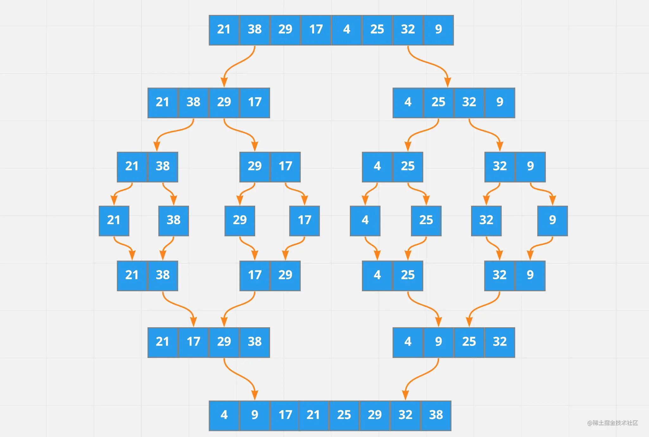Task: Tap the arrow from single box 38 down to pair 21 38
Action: pyautogui.click(x=168, y=248)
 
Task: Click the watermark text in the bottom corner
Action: pyautogui.click(x=613, y=423)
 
